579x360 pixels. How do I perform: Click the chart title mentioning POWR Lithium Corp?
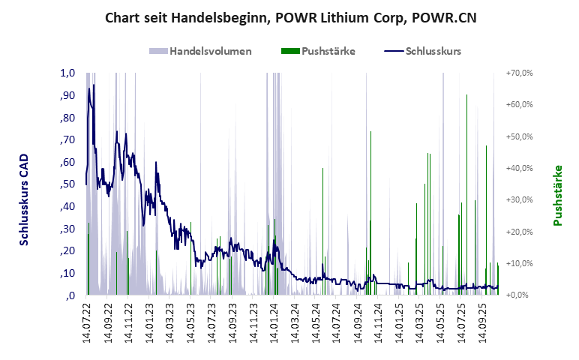(289, 17)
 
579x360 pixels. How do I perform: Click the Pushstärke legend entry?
(317, 52)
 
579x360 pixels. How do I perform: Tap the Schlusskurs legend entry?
(422, 52)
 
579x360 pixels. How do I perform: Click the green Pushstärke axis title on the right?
(557, 195)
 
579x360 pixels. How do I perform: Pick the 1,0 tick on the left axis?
(67, 73)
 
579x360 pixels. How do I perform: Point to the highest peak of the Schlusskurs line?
(89, 88)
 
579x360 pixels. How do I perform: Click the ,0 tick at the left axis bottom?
(70, 295)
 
